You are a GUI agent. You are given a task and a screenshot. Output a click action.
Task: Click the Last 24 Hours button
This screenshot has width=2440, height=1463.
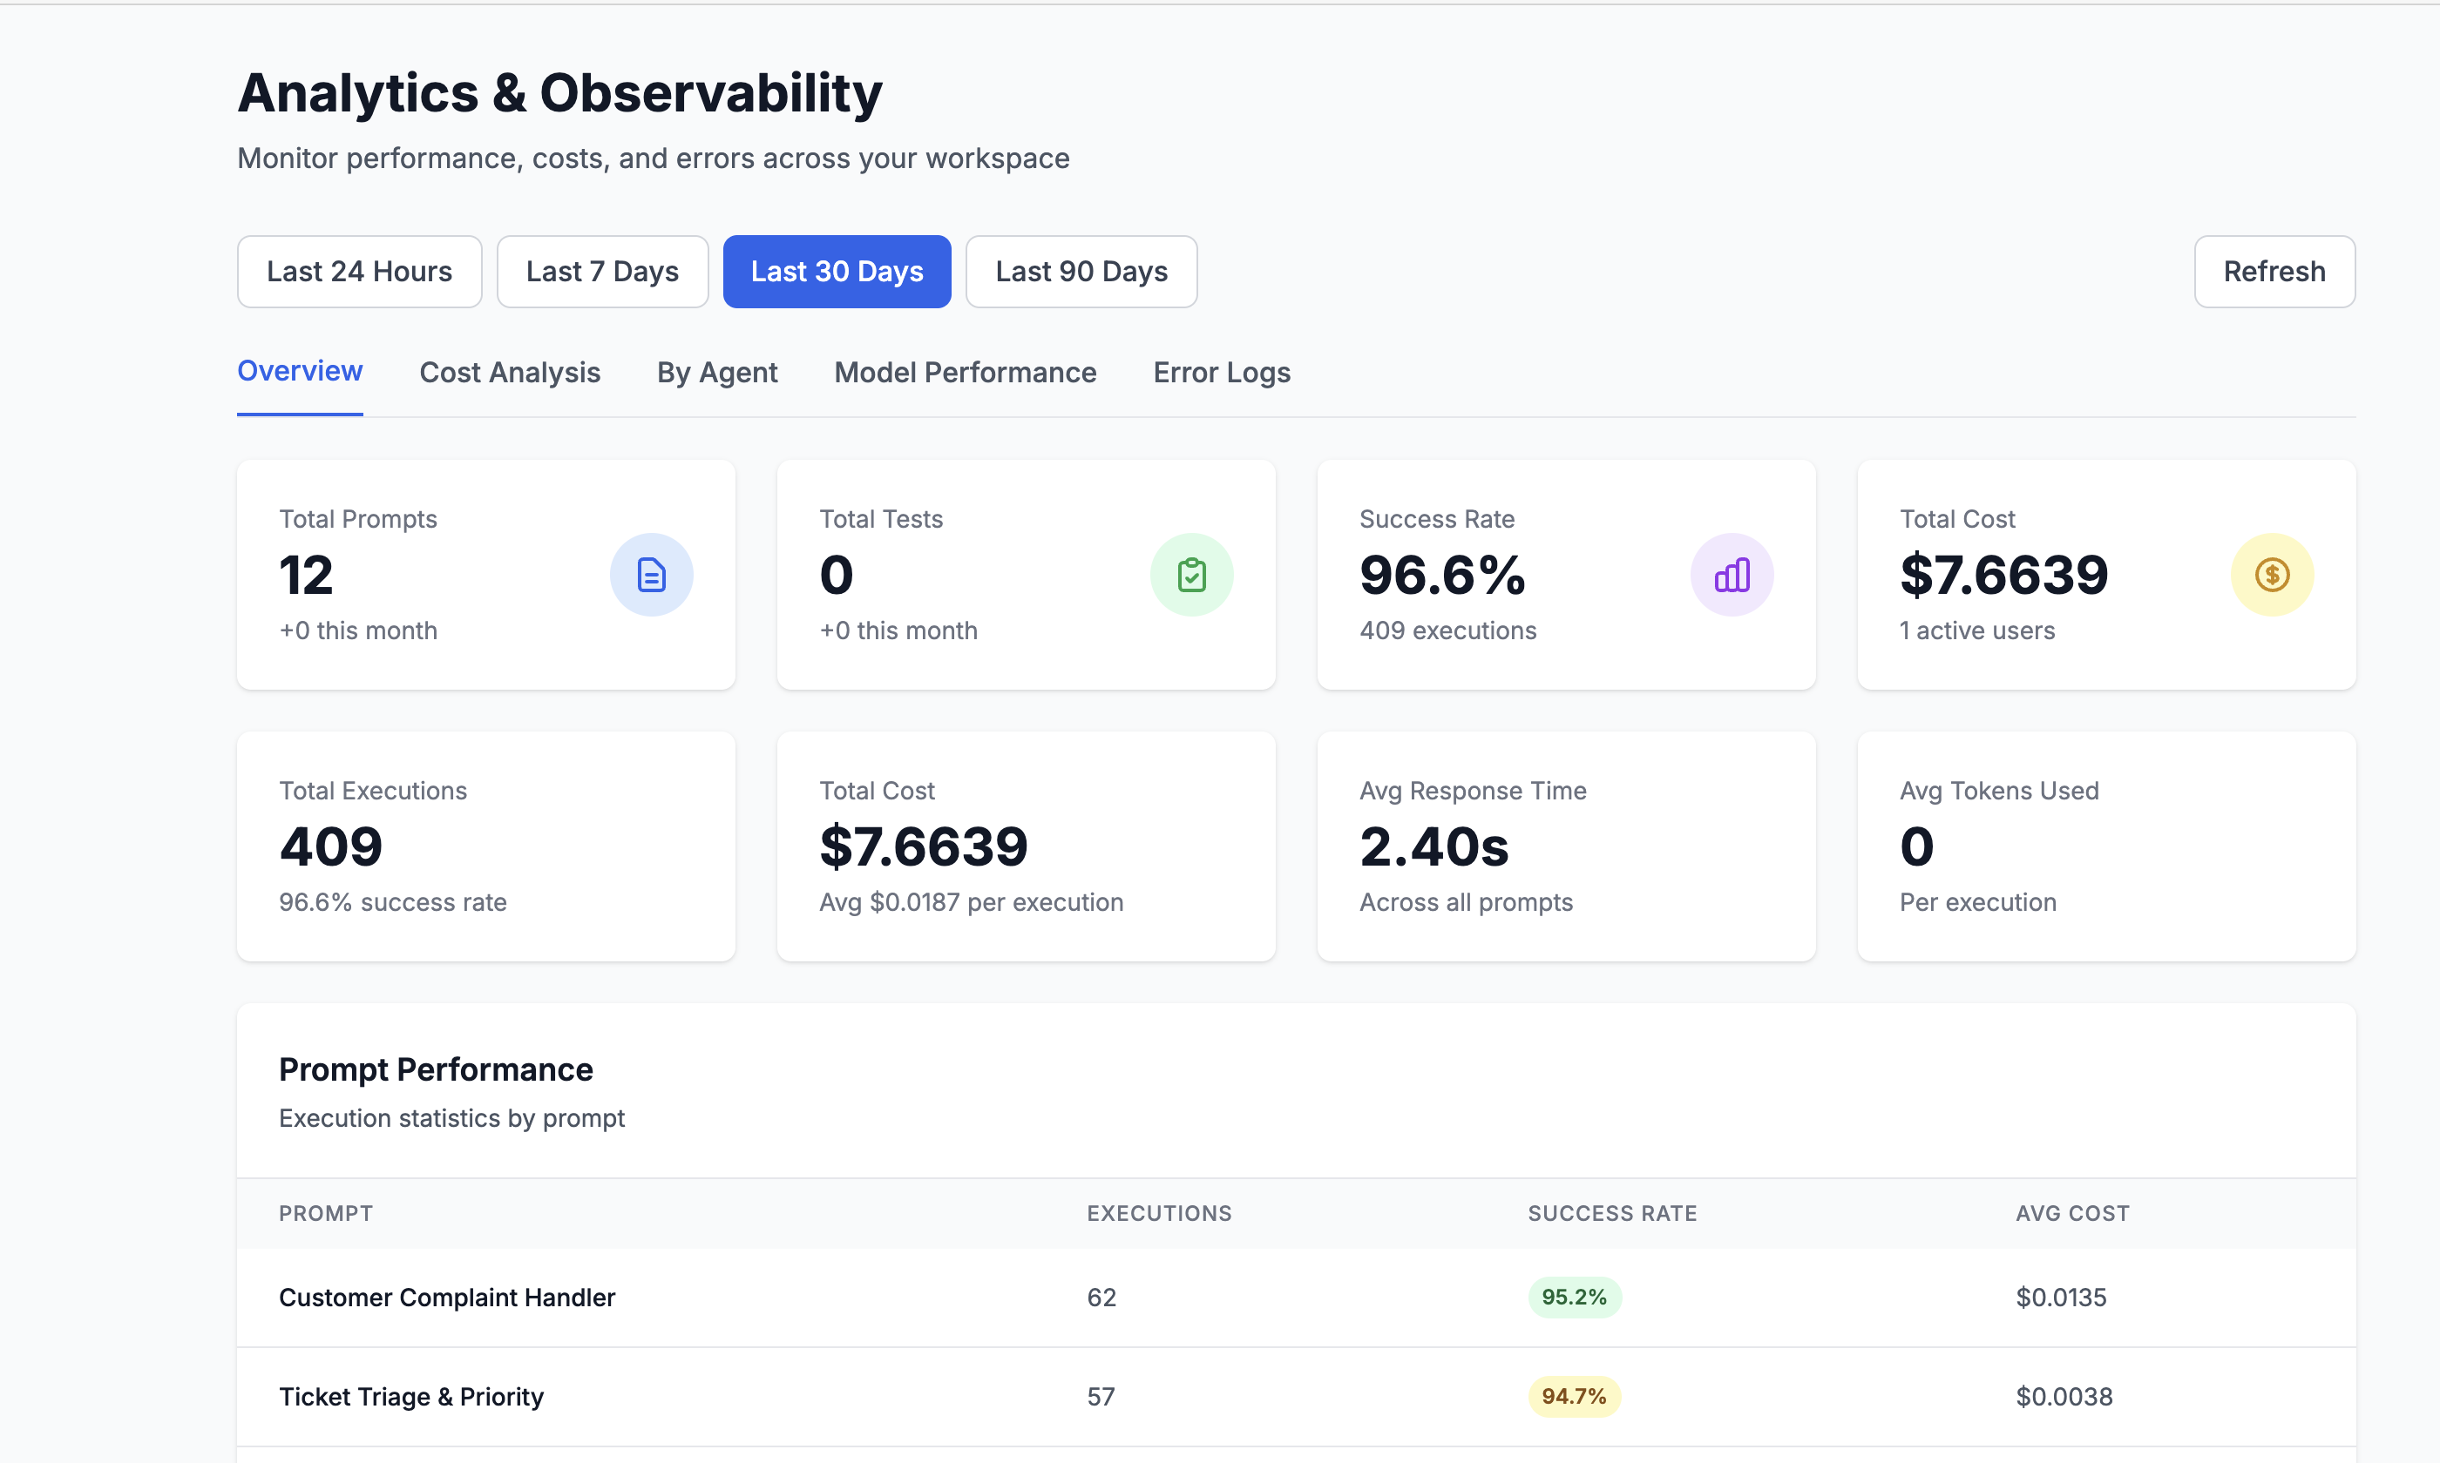pyautogui.click(x=359, y=271)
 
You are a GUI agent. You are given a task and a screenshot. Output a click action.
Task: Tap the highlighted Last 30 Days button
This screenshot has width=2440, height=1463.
pyautogui.click(x=837, y=271)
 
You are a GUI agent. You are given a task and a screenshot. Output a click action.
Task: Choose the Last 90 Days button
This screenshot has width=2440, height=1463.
pyautogui.click(x=1081, y=271)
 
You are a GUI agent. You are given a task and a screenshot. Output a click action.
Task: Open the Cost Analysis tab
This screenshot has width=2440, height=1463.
pyautogui.click(x=509, y=373)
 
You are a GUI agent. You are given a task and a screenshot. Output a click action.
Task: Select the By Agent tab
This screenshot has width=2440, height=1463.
pyautogui.click(x=717, y=373)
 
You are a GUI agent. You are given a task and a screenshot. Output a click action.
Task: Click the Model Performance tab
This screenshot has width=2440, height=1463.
pyautogui.click(x=965, y=373)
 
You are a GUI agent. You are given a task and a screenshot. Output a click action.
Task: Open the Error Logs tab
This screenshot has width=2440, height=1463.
pyautogui.click(x=1221, y=373)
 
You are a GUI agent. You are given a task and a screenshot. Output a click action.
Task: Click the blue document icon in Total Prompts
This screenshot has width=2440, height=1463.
pyautogui.click(x=651, y=575)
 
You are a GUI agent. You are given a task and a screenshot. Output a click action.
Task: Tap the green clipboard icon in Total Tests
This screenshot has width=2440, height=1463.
pyautogui.click(x=1191, y=575)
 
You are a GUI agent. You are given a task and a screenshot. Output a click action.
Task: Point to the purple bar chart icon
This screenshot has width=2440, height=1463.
pyautogui.click(x=1732, y=575)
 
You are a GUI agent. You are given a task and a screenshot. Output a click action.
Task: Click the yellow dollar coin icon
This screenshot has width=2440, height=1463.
pyautogui.click(x=2271, y=575)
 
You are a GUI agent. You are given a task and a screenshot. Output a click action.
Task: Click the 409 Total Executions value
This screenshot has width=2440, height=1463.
pyautogui.click(x=330, y=846)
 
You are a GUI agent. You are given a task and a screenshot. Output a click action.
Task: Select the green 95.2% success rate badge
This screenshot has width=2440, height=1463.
pyautogui.click(x=1574, y=1298)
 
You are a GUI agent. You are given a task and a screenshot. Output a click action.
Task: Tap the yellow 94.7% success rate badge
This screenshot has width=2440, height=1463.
pyautogui.click(x=1574, y=1397)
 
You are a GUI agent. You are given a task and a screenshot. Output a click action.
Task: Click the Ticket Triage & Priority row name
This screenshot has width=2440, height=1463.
pyautogui.click(x=411, y=1397)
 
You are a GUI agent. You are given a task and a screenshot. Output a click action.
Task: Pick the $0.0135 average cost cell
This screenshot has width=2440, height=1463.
pyautogui.click(x=2060, y=1298)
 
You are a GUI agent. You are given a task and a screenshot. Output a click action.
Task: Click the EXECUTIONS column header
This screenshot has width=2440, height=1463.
pyautogui.click(x=1159, y=1214)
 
